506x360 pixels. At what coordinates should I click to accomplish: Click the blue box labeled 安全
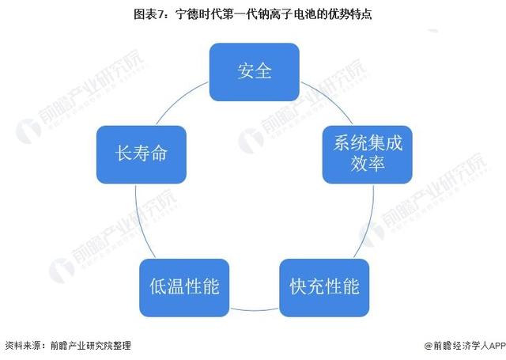(x=255, y=72)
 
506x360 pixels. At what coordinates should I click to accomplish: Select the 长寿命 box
(x=142, y=154)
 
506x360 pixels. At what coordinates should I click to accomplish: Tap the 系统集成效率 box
(x=367, y=154)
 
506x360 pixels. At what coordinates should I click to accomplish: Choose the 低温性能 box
(x=184, y=288)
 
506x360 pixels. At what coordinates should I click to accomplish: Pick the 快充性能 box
(x=324, y=288)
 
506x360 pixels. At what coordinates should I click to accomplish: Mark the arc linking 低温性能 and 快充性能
(x=255, y=311)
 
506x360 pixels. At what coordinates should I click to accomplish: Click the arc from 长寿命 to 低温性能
(x=141, y=223)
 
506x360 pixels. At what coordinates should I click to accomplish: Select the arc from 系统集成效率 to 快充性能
(x=368, y=223)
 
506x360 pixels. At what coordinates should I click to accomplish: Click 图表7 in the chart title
(x=150, y=14)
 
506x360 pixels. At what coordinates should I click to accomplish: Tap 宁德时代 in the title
(x=197, y=14)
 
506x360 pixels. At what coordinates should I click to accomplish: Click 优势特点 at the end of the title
(x=350, y=14)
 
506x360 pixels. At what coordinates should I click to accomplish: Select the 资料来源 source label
(x=23, y=346)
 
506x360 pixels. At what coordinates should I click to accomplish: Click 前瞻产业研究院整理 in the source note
(x=91, y=346)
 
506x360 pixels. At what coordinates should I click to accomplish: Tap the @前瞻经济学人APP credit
(x=465, y=346)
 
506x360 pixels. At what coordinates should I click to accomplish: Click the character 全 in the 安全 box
(x=263, y=71)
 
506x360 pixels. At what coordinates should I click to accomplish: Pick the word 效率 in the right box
(x=368, y=163)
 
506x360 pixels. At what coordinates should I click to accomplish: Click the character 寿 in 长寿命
(x=142, y=153)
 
